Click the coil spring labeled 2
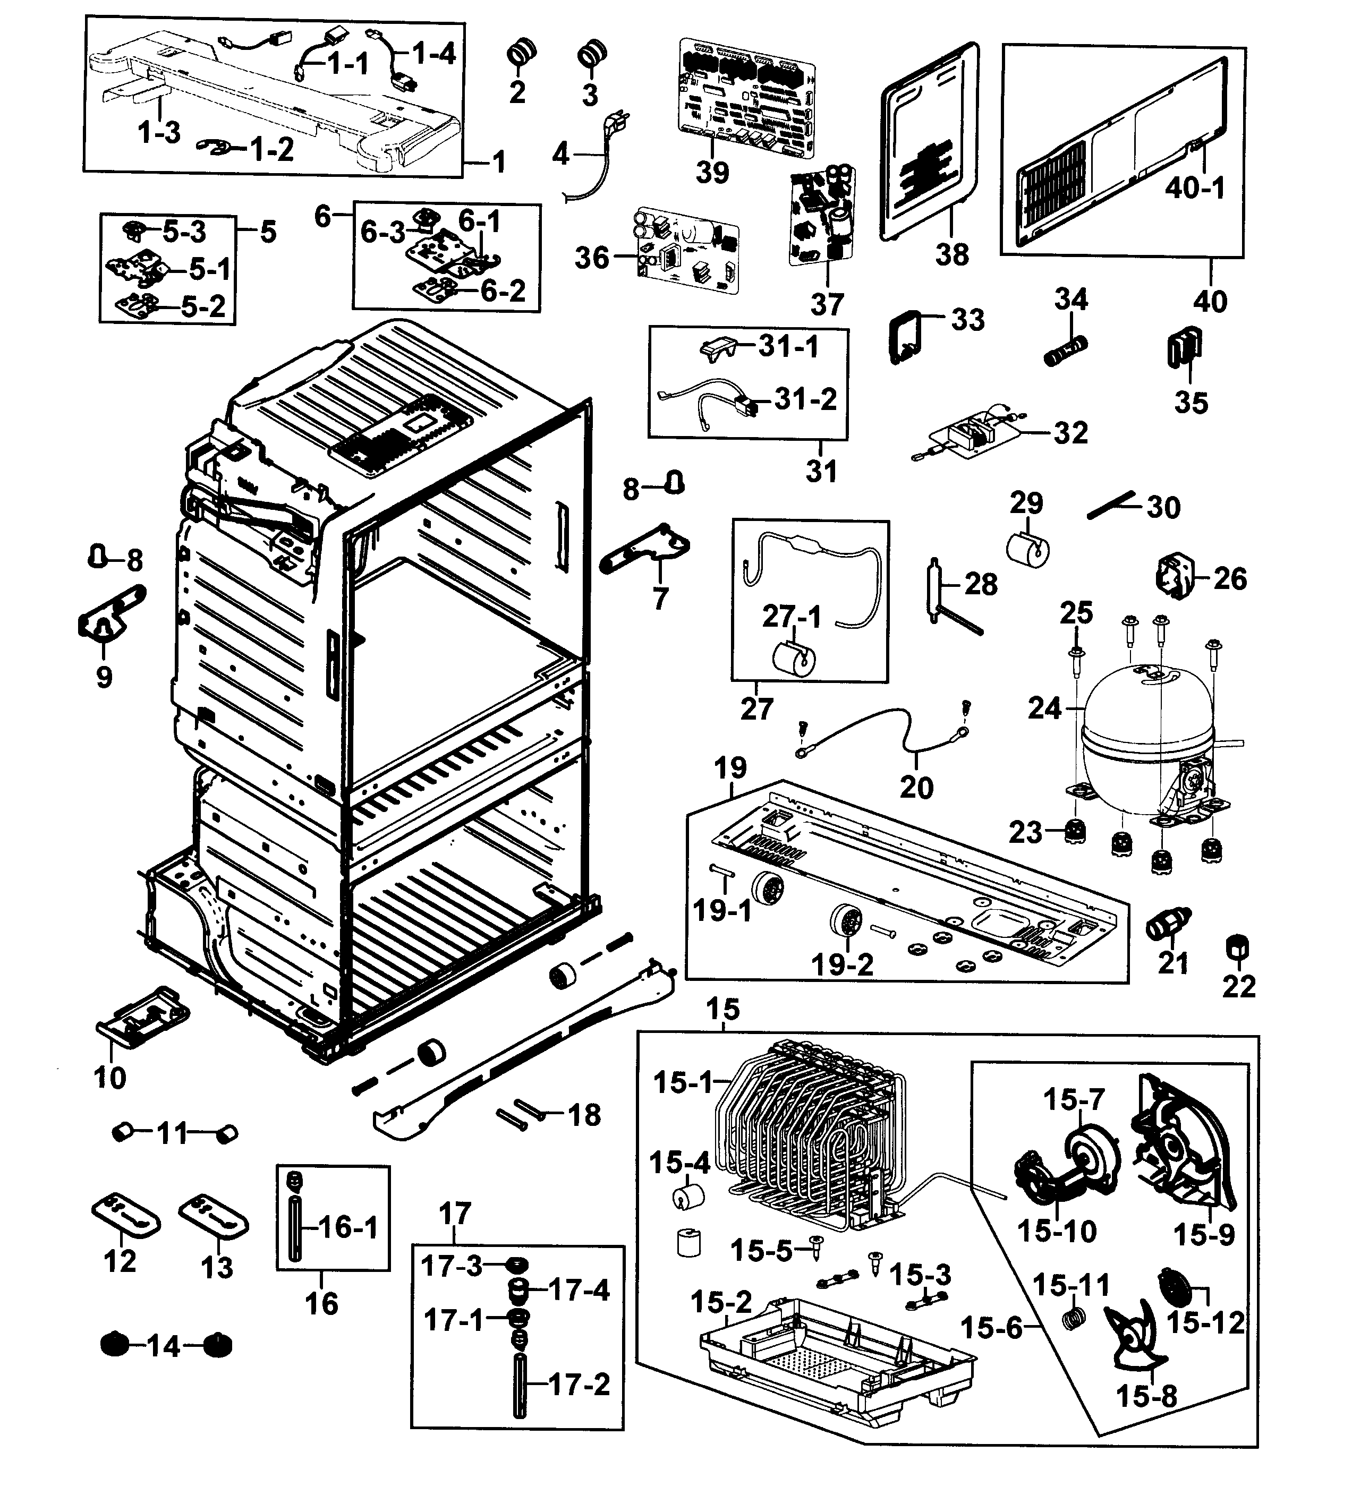[522, 54]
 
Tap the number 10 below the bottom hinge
[110, 1077]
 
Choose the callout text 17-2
[580, 1384]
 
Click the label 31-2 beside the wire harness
[805, 399]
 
